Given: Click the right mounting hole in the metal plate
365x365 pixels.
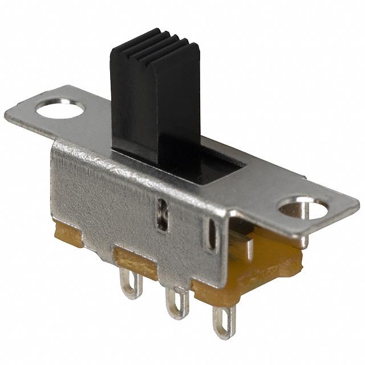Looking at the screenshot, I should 305,209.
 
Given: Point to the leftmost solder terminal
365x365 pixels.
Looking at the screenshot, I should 131,283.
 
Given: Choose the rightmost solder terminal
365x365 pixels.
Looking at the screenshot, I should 224,322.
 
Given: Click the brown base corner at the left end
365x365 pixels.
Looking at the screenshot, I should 67,234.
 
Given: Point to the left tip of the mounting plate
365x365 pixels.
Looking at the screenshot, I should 9,113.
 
